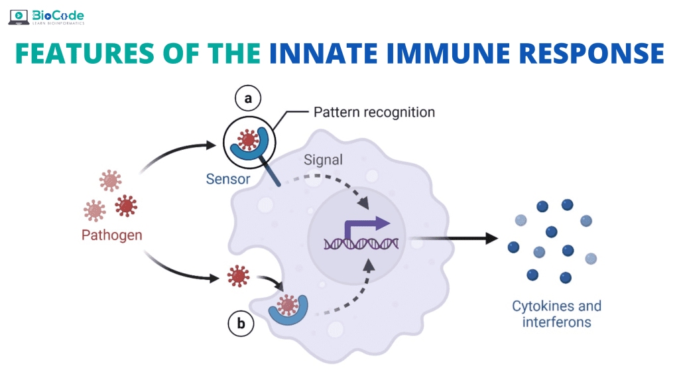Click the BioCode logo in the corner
click(46, 17)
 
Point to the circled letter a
click(248, 99)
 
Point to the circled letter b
click(241, 323)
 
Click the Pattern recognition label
click(373, 112)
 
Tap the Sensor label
click(227, 178)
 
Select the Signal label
click(323, 160)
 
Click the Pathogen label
click(111, 235)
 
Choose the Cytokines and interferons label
click(556, 314)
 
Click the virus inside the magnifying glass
click(249, 141)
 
